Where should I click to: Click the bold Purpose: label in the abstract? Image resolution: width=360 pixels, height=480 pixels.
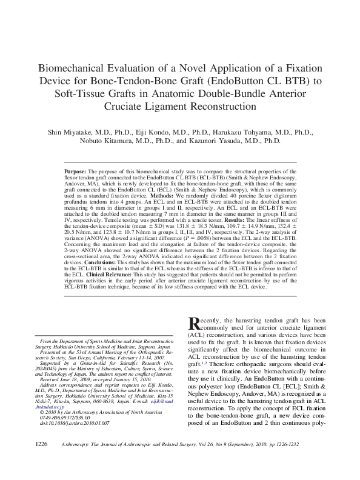pyautogui.click(x=75, y=172)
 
